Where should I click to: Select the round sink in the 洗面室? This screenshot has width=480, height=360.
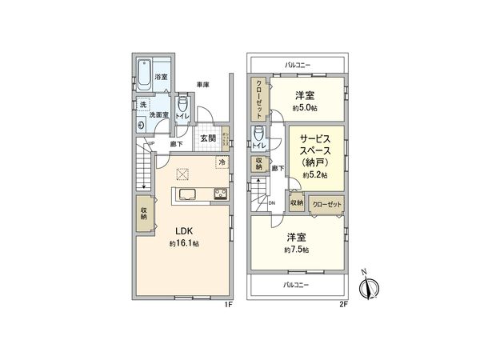tap(142, 125)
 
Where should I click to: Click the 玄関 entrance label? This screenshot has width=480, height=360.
tap(207, 137)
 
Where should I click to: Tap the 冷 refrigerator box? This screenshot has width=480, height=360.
tap(221, 162)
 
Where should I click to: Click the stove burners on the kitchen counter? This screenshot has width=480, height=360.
tap(220, 194)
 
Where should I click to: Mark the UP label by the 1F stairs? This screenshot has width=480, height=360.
tap(150, 145)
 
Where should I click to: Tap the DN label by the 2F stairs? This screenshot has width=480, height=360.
tap(272, 202)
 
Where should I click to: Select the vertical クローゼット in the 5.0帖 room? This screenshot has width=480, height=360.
tap(261, 98)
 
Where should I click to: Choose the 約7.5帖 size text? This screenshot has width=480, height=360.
tap(297, 250)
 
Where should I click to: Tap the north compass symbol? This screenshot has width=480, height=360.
tap(370, 286)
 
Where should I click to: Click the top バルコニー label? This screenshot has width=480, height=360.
tap(298, 63)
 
